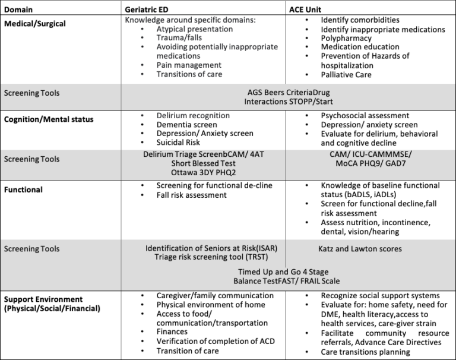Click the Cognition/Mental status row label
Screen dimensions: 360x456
tap(49, 119)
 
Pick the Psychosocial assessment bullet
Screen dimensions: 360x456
tap(365, 115)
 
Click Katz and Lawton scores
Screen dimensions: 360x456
tap(359, 248)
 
